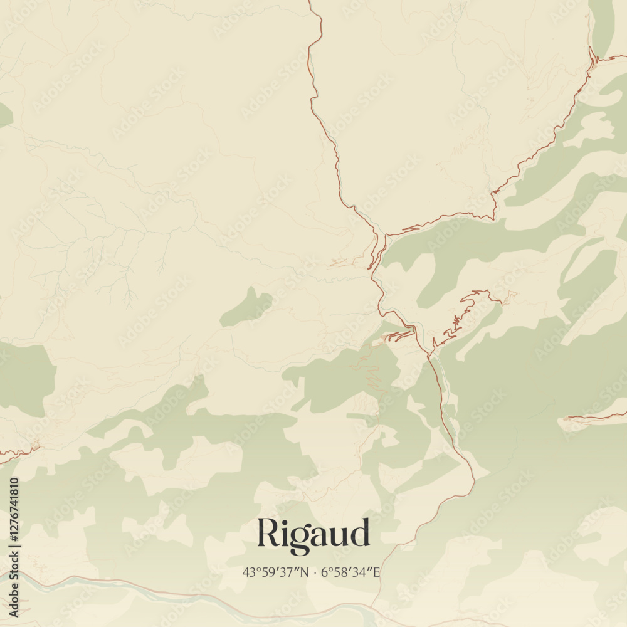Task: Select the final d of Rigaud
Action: pyautogui.click(x=360, y=534)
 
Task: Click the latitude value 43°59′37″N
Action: pyautogui.click(x=276, y=572)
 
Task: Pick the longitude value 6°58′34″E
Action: pyautogui.click(x=350, y=572)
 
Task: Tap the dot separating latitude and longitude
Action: pyautogui.click(x=315, y=572)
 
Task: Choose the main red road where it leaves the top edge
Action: pyautogui.click(x=311, y=5)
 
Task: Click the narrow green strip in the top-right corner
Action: pyautogui.click(x=602, y=25)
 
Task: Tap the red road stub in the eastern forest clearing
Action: pyautogui.click(x=596, y=417)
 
